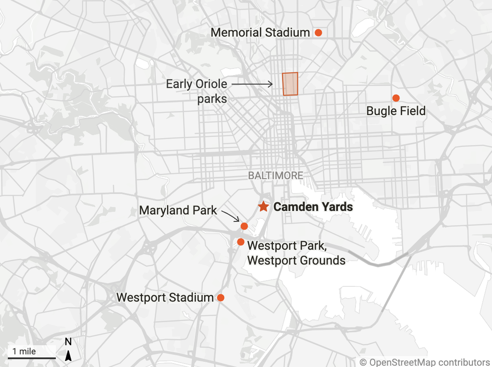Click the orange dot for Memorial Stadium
coord(318,33)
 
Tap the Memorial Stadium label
coord(260,33)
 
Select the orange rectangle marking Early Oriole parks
coord(290,84)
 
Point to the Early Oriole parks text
coord(197,91)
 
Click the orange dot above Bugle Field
coord(396,98)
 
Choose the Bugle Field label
coord(396,111)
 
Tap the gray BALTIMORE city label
coord(275,176)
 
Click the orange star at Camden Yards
coord(263,207)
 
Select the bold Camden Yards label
coord(313,207)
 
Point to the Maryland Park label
coord(178,211)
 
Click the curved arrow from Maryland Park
coord(231,216)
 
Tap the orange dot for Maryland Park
coord(244,226)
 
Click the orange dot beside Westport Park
coord(240,242)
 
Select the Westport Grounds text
coord(296,261)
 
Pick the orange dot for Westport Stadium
coord(221,298)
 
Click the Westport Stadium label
coord(165,298)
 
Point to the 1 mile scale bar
coord(31,357)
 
